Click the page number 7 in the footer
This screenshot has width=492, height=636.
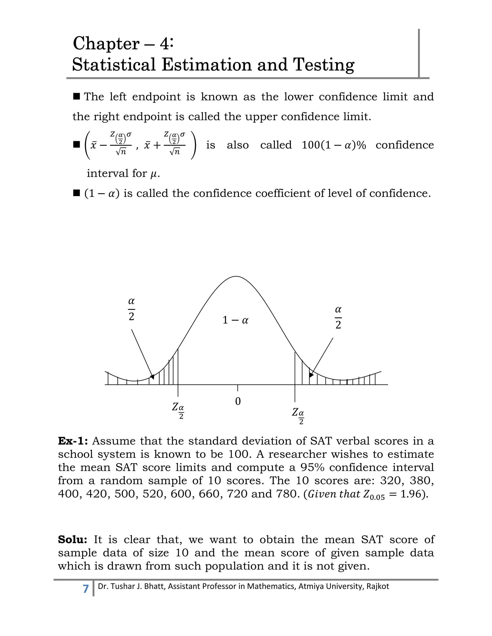coord(85,588)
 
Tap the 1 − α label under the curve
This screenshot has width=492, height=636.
coord(235,320)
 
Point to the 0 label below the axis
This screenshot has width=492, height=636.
coord(238,401)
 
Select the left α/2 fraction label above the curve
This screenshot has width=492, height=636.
coord(131,309)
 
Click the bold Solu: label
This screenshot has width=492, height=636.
coord(73,539)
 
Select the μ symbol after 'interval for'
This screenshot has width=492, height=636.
coord(154,174)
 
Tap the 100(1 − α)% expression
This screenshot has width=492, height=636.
coord(333,145)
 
